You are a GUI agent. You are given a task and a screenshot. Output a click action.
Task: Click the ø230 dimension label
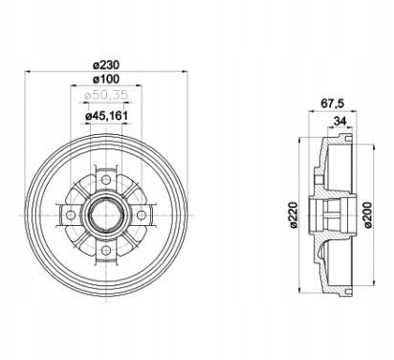coord(106,65)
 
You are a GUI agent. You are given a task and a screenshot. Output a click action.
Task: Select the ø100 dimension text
coord(106,79)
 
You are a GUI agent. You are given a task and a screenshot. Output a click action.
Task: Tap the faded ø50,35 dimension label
coord(106,95)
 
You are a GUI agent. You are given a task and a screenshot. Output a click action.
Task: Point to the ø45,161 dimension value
coord(106,116)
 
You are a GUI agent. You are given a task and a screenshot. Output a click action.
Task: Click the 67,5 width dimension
coord(333,103)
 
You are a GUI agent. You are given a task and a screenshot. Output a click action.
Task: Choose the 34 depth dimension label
coord(339,121)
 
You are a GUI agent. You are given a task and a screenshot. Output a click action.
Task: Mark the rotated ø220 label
coord(294,215)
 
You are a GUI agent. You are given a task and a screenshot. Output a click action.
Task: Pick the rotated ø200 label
coord(367,214)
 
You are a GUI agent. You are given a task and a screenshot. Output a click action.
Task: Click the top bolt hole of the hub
coord(106,180)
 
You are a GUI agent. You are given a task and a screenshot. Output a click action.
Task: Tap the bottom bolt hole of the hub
coord(106,251)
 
